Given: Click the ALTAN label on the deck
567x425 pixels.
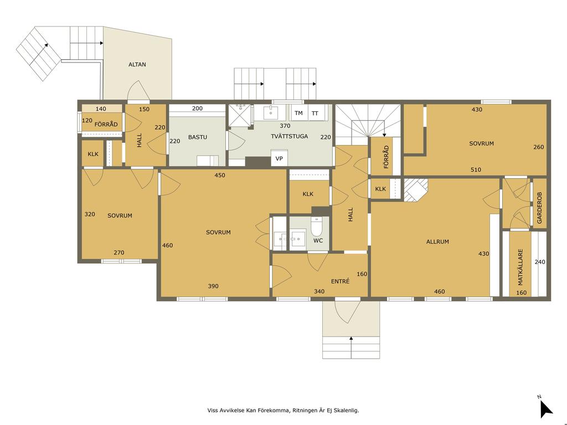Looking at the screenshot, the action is tap(137, 65).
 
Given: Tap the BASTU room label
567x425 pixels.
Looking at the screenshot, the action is tap(198, 137).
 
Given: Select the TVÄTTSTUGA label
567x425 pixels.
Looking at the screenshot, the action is tap(289, 136).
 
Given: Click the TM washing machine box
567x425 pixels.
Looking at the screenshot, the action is tap(298, 113).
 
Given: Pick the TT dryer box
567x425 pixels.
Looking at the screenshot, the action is tap(315, 113).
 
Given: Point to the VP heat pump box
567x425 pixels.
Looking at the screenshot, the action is tap(279, 158).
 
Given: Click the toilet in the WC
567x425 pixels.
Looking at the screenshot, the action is tap(317, 226).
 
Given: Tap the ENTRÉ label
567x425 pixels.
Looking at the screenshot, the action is tap(341, 281).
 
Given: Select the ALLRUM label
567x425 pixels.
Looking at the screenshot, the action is tap(437, 242).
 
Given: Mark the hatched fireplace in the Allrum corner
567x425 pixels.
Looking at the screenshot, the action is tap(416, 189).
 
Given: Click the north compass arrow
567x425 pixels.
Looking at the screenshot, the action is tap(545, 409).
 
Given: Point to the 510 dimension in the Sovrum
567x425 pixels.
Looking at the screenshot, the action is tap(476, 169).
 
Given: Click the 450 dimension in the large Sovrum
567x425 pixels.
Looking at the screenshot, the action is tap(220, 175).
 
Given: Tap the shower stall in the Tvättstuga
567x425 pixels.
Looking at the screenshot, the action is tap(239, 116).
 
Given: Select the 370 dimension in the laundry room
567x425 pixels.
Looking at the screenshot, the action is tap(285, 126).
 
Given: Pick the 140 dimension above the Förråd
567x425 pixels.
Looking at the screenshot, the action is tap(101, 109).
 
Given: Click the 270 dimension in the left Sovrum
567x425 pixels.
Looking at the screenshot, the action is tap(119, 252).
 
